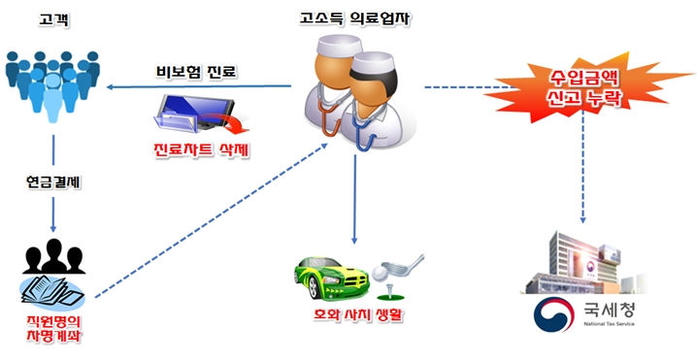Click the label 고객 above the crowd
tap(52, 19)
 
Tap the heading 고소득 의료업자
tap(356, 18)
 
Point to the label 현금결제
tap(52, 184)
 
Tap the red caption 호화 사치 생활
tap(355, 316)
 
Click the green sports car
tap(336, 273)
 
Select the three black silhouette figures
tap(54, 253)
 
